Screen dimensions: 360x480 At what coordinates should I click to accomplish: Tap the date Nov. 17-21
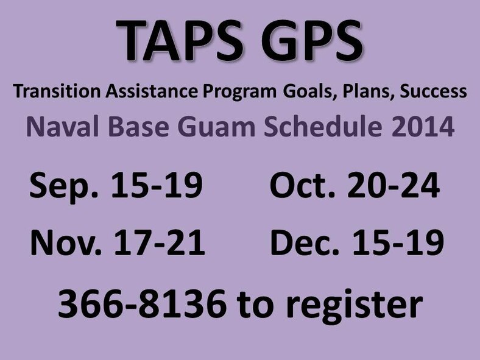pyautogui.click(x=116, y=244)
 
